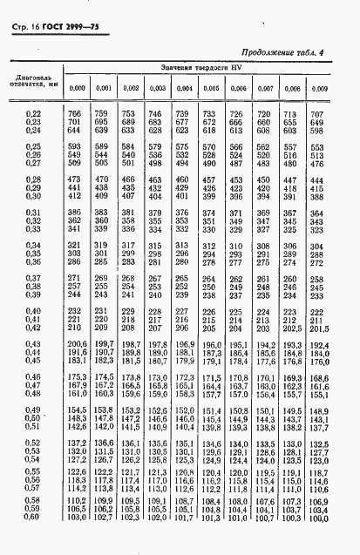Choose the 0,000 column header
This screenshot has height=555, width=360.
coord(78,88)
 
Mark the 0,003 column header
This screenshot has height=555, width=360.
coord(157,88)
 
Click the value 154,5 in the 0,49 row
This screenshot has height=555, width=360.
coord(78,408)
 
